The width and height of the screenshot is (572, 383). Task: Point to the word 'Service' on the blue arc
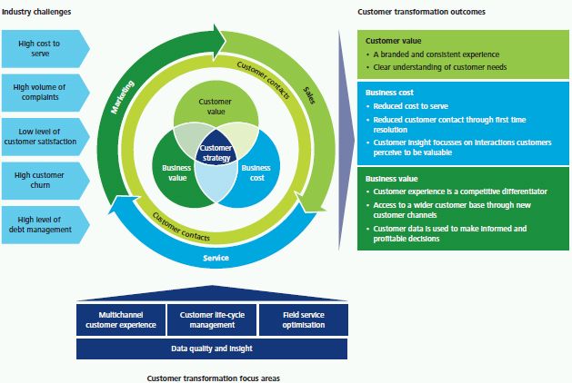pos(216,259)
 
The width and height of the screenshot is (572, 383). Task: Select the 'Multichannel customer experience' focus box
pos(121,319)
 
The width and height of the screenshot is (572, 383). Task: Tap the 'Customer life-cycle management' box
pos(212,319)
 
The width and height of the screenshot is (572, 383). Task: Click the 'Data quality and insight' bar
pos(212,348)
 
